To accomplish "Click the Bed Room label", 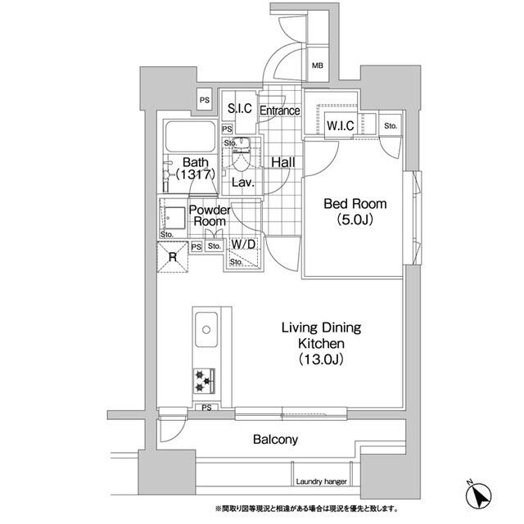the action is [355, 204].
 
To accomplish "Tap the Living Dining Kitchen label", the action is [321, 343].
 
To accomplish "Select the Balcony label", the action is [275, 439].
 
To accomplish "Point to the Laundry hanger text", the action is [321, 481].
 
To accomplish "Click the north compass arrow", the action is [479, 494].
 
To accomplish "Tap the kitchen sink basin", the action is [206, 329].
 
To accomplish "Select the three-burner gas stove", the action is [204, 381].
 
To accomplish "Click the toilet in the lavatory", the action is [241, 155].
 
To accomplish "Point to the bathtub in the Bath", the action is [191, 137].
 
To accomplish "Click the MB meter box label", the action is [318, 65].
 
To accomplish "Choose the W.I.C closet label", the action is [341, 125].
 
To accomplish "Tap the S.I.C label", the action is [240, 108].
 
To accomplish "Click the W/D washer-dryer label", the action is [243, 244].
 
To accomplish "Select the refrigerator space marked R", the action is [173, 257].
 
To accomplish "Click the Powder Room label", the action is [210, 215].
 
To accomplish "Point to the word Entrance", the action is [280, 111].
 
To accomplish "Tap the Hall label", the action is [283, 162].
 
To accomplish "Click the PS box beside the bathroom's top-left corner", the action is [205, 100].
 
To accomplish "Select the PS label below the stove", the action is [207, 408].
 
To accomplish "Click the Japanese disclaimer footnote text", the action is [307, 509].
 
